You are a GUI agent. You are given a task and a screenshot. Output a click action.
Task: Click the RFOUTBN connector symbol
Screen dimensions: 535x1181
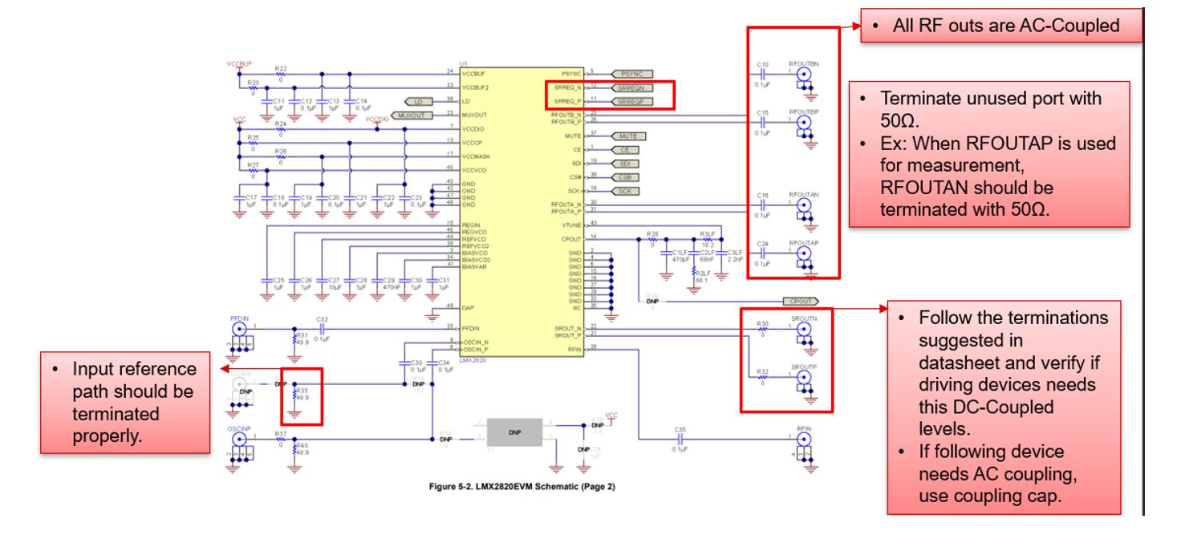[x=803, y=72]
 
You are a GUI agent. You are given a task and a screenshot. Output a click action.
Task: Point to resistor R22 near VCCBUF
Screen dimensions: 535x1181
[x=280, y=73]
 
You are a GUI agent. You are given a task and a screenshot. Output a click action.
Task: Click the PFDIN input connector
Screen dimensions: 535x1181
[x=238, y=328]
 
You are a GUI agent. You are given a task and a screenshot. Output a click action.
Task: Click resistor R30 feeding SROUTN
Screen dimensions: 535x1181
[x=763, y=330]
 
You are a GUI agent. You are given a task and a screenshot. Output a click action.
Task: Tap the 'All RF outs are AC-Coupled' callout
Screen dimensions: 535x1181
[x=1000, y=26]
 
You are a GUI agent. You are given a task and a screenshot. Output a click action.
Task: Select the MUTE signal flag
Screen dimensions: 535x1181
[x=627, y=136]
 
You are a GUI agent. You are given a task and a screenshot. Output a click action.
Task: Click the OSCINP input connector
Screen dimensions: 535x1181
[x=238, y=440]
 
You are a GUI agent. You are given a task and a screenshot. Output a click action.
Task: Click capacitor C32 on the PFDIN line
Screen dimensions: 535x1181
[x=323, y=328]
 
